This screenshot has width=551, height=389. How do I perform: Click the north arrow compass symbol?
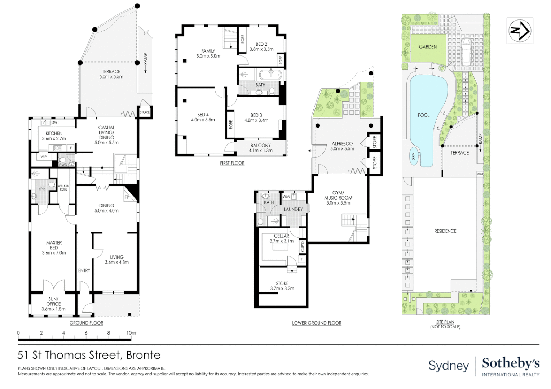point(520,31)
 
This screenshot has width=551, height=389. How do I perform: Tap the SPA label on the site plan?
point(414,156)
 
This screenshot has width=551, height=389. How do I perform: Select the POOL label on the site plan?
point(423,115)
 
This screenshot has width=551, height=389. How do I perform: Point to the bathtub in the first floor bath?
point(270,75)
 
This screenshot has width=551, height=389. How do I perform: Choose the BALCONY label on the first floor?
point(260,146)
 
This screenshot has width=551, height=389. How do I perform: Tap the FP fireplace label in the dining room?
point(127,197)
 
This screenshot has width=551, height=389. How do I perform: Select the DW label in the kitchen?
point(54,122)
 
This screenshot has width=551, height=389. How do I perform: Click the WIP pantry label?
point(44,157)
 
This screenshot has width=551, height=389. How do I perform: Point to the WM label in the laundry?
point(286,197)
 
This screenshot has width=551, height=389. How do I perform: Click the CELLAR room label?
point(282,236)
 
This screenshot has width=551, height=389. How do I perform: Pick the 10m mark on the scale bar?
point(131,333)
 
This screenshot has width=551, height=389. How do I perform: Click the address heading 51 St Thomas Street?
point(89,355)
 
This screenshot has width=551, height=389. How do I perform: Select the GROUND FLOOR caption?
point(86,323)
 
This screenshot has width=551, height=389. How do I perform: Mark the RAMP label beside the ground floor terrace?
point(146,59)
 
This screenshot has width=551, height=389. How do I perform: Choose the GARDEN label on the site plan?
point(428,47)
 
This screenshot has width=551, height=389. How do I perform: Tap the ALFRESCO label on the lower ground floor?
point(342,143)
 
